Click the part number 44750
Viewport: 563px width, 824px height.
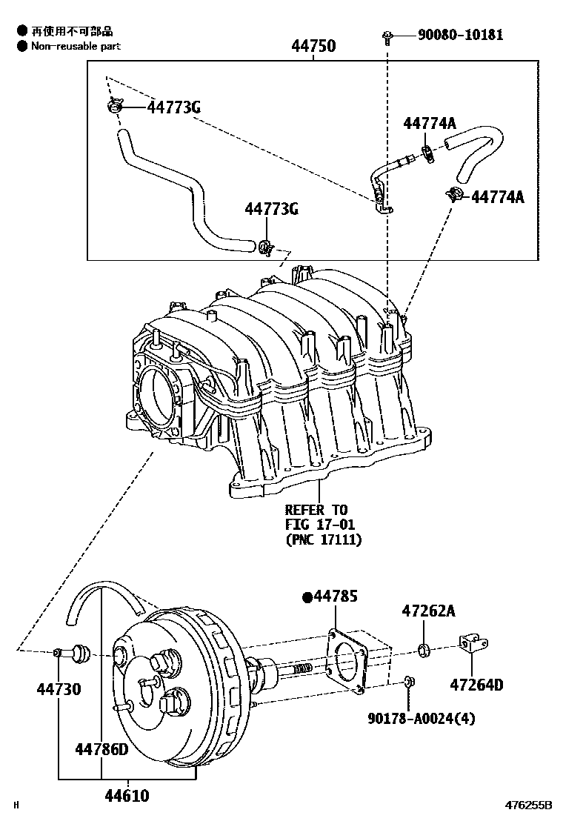click(x=313, y=46)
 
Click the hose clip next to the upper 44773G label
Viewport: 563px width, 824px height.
click(x=113, y=107)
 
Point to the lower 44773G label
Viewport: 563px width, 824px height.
click(x=271, y=209)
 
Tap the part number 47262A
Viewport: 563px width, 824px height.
click(x=428, y=611)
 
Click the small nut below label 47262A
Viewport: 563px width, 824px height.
click(x=424, y=651)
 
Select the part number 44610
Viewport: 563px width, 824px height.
click(x=126, y=797)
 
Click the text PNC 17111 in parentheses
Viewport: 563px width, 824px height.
click(x=324, y=539)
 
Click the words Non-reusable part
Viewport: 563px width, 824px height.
click(x=76, y=46)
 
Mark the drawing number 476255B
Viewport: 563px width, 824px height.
click(x=529, y=805)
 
